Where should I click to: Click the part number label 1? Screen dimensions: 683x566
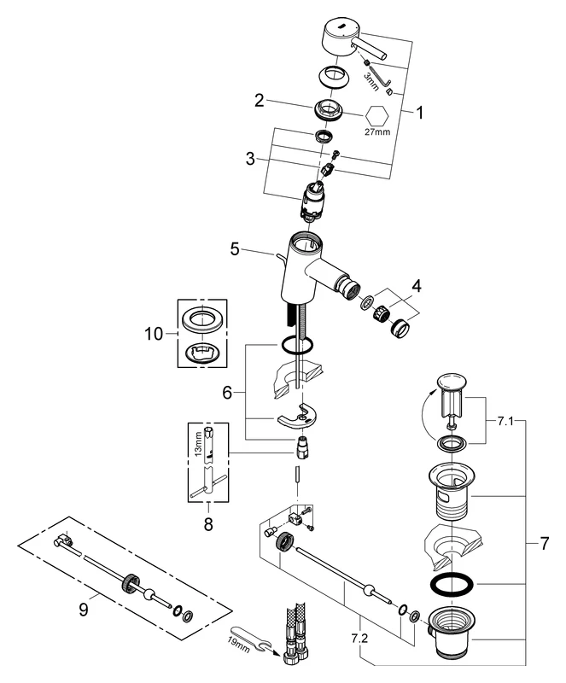[x=418, y=111]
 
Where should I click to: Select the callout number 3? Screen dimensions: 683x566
[x=249, y=159]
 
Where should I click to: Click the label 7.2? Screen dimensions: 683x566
[x=365, y=636]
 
